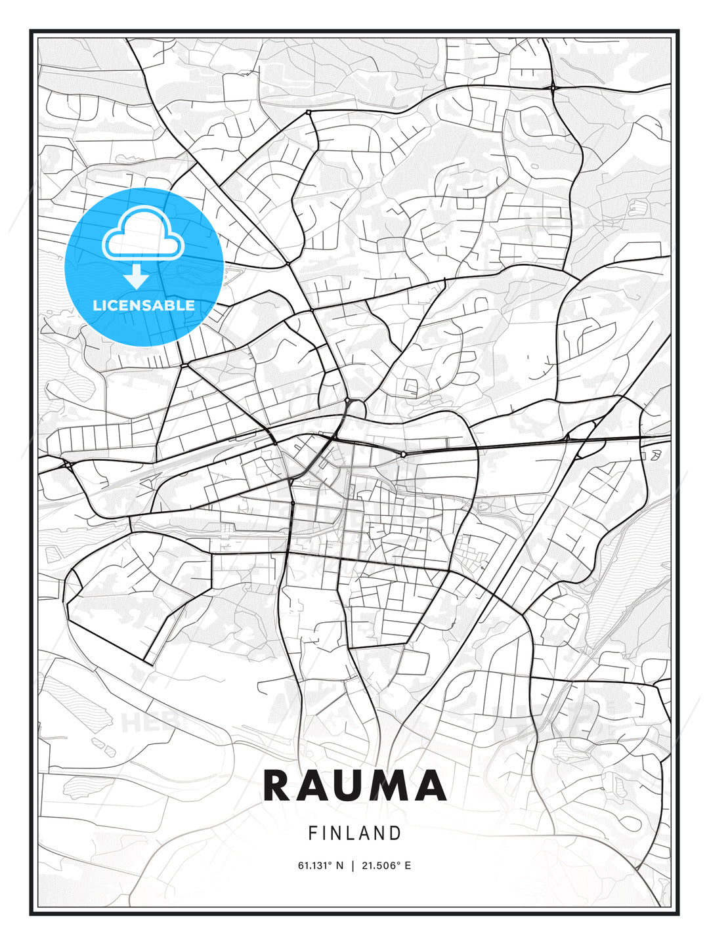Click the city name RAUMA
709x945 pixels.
coord(354,786)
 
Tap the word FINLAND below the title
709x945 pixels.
coord(354,833)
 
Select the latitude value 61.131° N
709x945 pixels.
coord(320,866)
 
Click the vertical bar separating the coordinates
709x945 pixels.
coord(353,866)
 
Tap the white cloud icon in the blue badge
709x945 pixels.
coord(143,235)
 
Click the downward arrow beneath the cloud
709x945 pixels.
coord(137,277)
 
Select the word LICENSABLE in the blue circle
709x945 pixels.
coord(144,305)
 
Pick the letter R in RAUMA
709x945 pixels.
coord(279,786)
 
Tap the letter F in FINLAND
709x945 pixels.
coord(312,833)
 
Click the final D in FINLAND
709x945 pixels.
coord(396,833)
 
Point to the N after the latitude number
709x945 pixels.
coord(339,866)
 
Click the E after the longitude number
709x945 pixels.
coord(408,866)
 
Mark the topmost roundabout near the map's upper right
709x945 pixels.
coord(553,87)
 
